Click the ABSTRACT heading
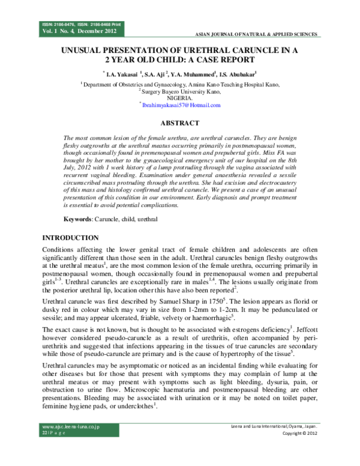(179, 123)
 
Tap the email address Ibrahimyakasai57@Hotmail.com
(181, 105)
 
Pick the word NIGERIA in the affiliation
(179, 97)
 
